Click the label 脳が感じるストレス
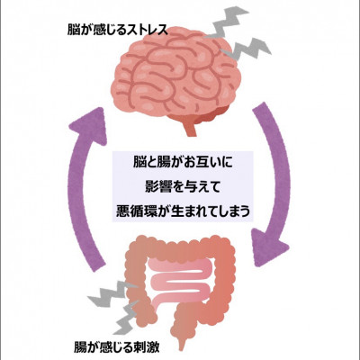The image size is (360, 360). tap(117, 31)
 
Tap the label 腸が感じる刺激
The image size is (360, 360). tap(117, 348)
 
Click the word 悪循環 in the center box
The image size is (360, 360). tap(134, 211)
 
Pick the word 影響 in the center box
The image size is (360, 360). tap(157, 187)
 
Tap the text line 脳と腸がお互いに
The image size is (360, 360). tap(183, 163)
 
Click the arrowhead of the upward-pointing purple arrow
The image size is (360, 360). tap(89, 123)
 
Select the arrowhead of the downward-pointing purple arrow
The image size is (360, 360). tap(270, 247)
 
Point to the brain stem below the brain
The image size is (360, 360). tap(191, 128)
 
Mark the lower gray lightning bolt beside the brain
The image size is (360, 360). tap(247, 49)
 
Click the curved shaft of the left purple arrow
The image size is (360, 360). tap(77, 198)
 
